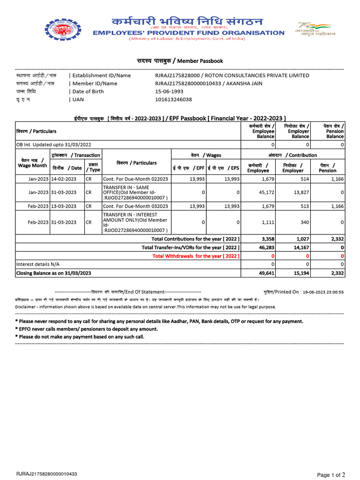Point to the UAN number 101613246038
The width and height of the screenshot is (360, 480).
pos(173,99)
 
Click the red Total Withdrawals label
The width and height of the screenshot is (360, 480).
pos(196,256)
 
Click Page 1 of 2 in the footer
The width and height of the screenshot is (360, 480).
pos(331,475)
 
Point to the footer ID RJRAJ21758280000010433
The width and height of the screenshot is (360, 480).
pos(47,474)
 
